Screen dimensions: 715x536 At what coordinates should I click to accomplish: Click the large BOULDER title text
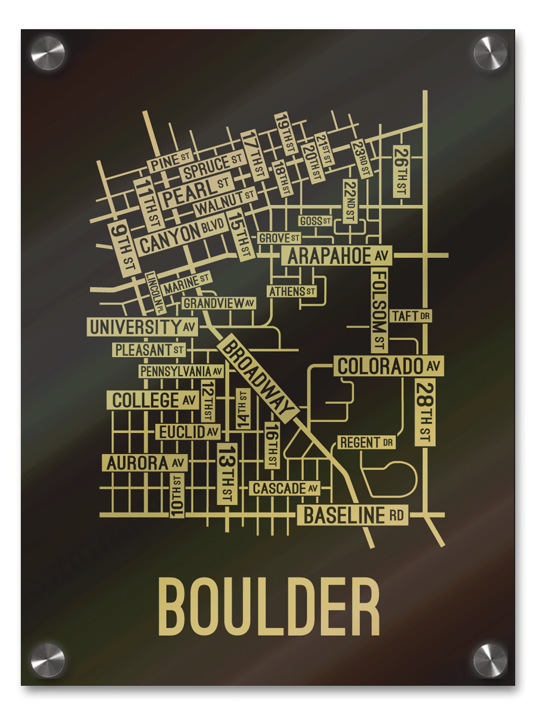tap(269, 608)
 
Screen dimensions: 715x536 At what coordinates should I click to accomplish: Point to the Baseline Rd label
tap(353, 515)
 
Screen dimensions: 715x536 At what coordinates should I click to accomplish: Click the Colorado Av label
tap(388, 366)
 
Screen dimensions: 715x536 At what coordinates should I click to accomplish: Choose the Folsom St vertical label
tap(380, 310)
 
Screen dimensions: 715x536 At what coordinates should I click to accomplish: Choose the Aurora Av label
tap(146, 462)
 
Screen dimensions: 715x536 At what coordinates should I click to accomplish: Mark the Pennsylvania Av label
tap(181, 372)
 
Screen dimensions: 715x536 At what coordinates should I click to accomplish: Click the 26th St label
tap(401, 172)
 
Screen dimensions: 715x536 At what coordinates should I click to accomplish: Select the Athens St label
tap(292, 291)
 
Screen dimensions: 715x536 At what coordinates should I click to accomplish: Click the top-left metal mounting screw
tap(48, 53)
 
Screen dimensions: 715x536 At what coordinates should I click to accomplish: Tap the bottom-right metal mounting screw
tap(490, 660)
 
